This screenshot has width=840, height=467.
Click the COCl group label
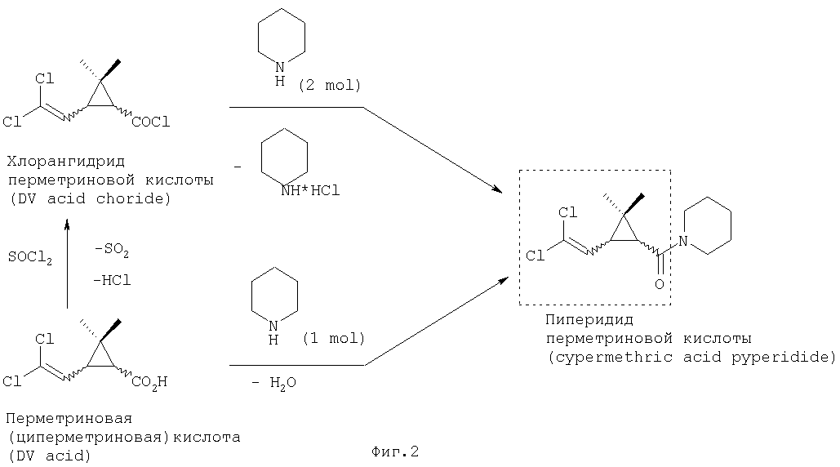[150, 122]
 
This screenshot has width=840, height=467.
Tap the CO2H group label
[149, 382]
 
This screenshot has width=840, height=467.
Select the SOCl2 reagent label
[30, 258]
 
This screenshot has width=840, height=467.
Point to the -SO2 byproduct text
[111, 251]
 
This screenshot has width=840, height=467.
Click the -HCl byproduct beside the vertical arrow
[111, 280]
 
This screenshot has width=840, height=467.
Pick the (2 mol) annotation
[330, 85]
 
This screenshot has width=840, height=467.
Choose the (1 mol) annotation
[333, 339]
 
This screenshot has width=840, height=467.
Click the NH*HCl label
[310, 191]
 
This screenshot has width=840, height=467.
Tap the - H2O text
[273, 382]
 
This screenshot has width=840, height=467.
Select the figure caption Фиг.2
[395, 452]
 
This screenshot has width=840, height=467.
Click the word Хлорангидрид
[66, 161]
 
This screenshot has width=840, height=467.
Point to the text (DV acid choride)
[90, 198]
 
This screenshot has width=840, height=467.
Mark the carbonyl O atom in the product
[660, 284]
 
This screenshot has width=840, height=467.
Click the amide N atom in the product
[682, 241]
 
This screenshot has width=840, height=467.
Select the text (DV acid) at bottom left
[49, 456]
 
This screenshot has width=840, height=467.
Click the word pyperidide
[784, 358]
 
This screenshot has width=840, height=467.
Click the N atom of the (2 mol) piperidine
[280, 68]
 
